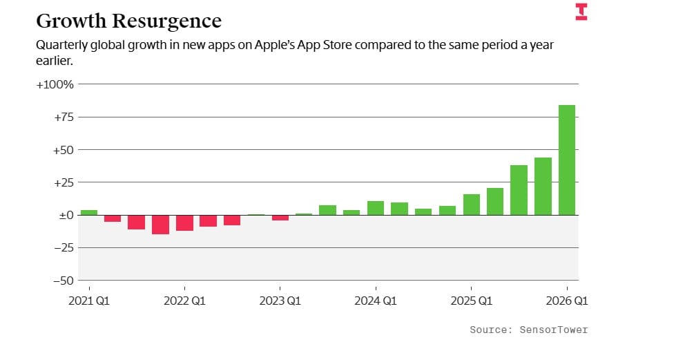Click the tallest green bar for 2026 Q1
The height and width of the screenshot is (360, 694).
pos(566,160)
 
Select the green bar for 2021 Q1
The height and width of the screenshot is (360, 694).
pos(88,212)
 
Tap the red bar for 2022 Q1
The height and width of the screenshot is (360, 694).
pos(184,222)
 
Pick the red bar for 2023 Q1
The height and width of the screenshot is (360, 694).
pos(280,218)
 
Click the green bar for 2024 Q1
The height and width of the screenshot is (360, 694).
pos(376,208)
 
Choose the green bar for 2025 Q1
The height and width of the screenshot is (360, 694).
pos(471,205)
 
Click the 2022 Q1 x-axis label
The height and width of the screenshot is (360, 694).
pos(184,301)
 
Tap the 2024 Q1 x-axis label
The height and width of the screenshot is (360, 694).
pos(376,301)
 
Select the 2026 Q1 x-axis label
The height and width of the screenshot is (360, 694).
pos(566,301)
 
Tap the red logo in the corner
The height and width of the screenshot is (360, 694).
pos(581,12)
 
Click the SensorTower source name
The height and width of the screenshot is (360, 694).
pos(554,330)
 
